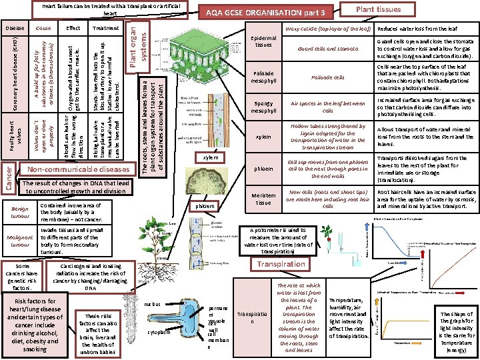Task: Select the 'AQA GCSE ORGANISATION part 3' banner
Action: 265,13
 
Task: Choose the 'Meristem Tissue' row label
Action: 263,198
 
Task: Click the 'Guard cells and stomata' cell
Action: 327,49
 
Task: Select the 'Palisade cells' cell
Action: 327,77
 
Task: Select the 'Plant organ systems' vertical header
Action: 135,42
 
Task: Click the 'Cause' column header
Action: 44,29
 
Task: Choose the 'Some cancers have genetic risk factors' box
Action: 22,277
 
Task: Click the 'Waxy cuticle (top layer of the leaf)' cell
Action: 327,29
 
